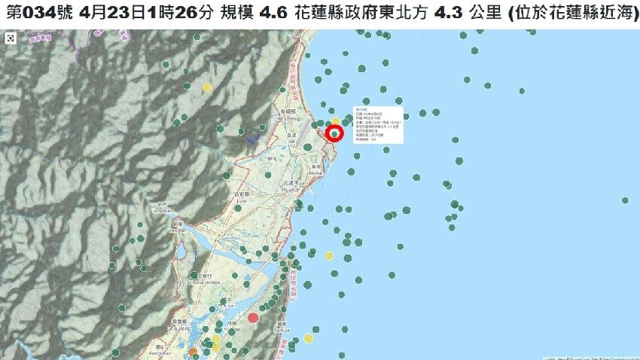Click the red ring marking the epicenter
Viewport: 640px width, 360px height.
pos(335,134)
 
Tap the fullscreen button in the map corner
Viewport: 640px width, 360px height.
pos(11,38)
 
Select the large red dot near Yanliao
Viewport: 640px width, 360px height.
pos(253,317)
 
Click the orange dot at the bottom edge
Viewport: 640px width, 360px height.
pos(193,352)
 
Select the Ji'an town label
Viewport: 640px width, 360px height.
pos(241,199)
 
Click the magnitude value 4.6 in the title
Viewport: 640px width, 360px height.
pos(276,13)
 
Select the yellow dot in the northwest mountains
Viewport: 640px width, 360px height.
pos(207,87)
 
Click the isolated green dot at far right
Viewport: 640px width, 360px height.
pos(625,200)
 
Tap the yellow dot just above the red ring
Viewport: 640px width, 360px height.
pos(335,121)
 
